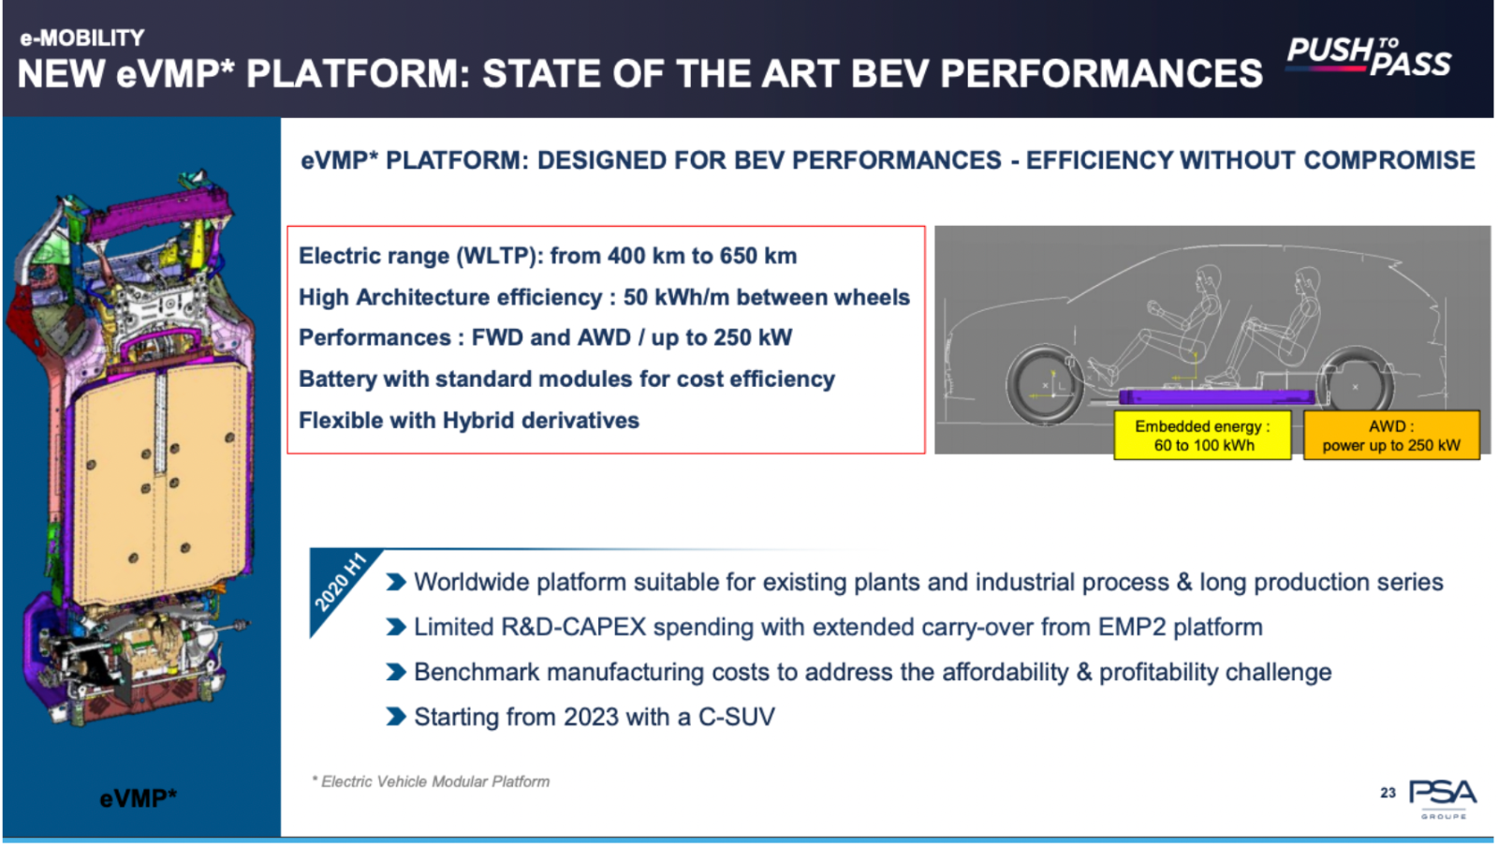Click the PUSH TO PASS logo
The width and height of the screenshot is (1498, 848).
pyautogui.click(x=1369, y=57)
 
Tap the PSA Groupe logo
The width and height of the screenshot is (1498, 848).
pyautogui.click(x=1443, y=798)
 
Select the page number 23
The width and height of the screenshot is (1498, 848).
pyautogui.click(x=1388, y=793)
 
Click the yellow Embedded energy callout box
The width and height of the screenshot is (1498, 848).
pyautogui.click(x=1202, y=435)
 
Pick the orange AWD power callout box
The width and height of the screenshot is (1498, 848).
pyautogui.click(x=1391, y=435)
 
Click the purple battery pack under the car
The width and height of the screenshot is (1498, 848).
pyautogui.click(x=1217, y=397)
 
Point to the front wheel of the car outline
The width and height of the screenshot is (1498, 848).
pyautogui.click(x=1045, y=385)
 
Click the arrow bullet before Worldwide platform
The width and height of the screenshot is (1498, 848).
pyautogui.click(x=396, y=582)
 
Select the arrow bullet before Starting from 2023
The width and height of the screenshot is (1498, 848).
pyautogui.click(x=396, y=717)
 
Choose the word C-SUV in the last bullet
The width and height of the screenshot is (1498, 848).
pyautogui.click(x=736, y=717)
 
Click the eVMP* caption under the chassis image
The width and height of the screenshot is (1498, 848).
pyautogui.click(x=139, y=798)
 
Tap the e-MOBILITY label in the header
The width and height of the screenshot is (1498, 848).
pyautogui.click(x=82, y=38)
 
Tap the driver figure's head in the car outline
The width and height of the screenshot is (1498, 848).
pyautogui.click(x=1209, y=277)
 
